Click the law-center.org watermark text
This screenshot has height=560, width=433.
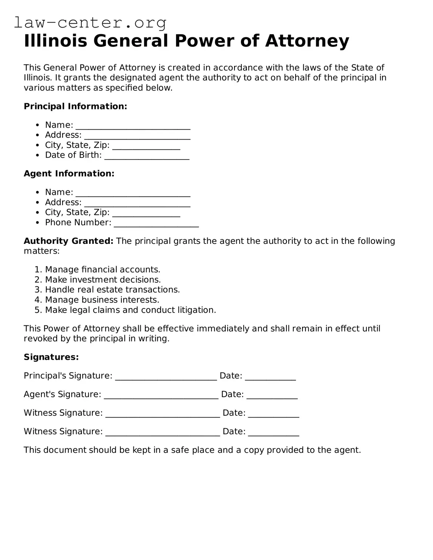coord(90,23)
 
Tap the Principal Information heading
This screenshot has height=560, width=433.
coord(75,106)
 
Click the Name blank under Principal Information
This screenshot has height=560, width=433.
coord(133,126)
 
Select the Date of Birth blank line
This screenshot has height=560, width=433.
coord(147,156)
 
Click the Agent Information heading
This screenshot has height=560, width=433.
coord(69,174)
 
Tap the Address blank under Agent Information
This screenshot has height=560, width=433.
coord(137,203)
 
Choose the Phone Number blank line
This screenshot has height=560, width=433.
coord(156,223)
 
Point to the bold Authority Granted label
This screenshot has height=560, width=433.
coord(69,241)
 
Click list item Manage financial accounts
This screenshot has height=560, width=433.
coord(103,270)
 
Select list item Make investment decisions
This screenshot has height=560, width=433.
coord(103,280)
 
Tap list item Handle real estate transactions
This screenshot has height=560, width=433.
coord(112,290)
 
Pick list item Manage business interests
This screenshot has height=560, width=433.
coord(102,300)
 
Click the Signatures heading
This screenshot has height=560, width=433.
coord(51,357)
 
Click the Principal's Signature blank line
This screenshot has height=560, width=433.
coord(166,377)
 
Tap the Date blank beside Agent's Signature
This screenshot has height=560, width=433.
coord(272,395)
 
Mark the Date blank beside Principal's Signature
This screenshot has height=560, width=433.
coord(270,377)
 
